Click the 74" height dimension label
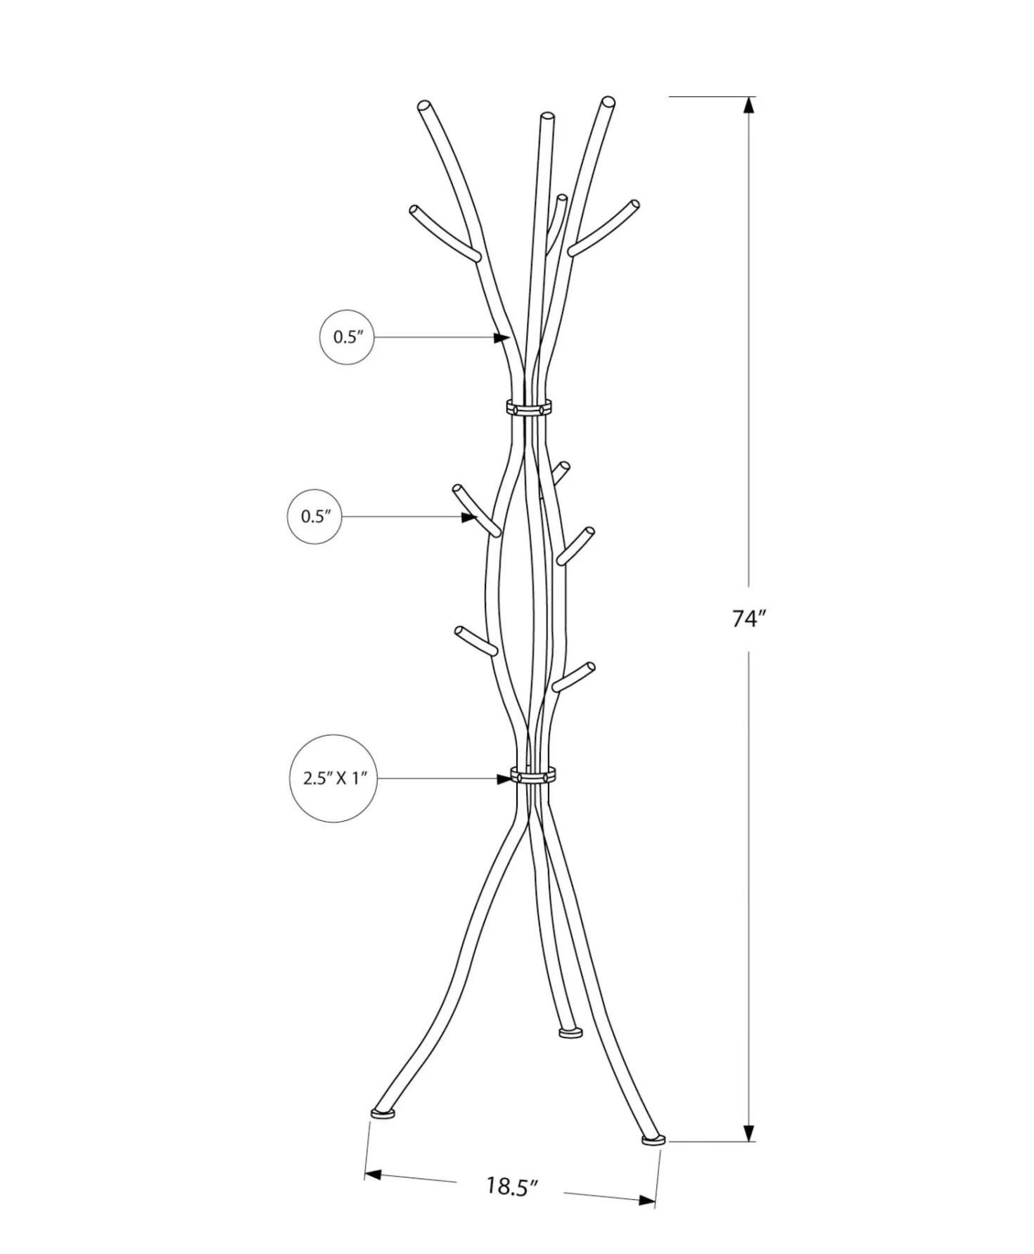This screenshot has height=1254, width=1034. click(748, 619)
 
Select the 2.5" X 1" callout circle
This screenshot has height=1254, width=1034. click(333, 779)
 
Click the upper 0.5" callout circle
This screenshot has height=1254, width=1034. click(347, 337)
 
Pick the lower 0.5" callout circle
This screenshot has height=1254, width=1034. click(315, 517)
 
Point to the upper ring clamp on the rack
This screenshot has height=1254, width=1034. click(528, 407)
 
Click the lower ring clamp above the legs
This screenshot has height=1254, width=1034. click(533, 777)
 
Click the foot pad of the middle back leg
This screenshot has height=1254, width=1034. click(570, 1032)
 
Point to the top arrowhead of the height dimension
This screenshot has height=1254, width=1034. click(749, 105)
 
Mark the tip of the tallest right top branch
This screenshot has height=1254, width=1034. click(608, 102)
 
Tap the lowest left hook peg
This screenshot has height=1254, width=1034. click(477, 640)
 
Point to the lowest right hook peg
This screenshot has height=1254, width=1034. click(573, 676)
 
